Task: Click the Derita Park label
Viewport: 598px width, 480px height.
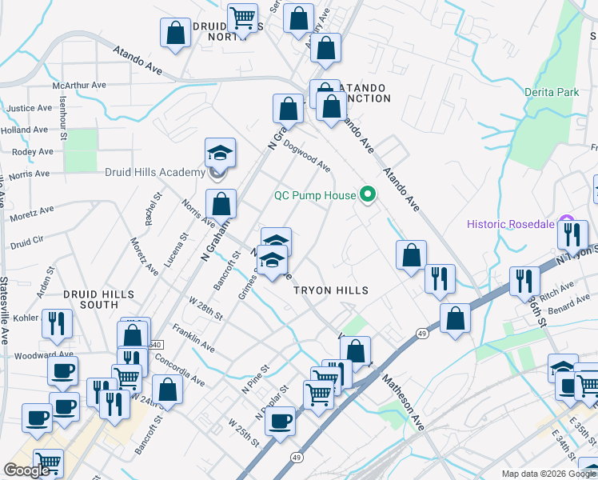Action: (551, 93)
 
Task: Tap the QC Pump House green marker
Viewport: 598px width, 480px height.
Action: (368, 194)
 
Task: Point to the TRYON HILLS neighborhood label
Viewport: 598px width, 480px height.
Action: (331, 290)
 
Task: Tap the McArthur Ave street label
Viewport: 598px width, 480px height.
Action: (79, 85)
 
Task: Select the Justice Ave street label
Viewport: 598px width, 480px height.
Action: (29, 108)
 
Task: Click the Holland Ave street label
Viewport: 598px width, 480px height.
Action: (25, 130)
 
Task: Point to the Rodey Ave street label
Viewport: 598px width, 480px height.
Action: (33, 151)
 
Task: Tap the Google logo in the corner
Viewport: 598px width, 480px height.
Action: (26, 470)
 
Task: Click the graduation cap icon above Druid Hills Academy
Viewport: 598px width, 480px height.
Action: (221, 151)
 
